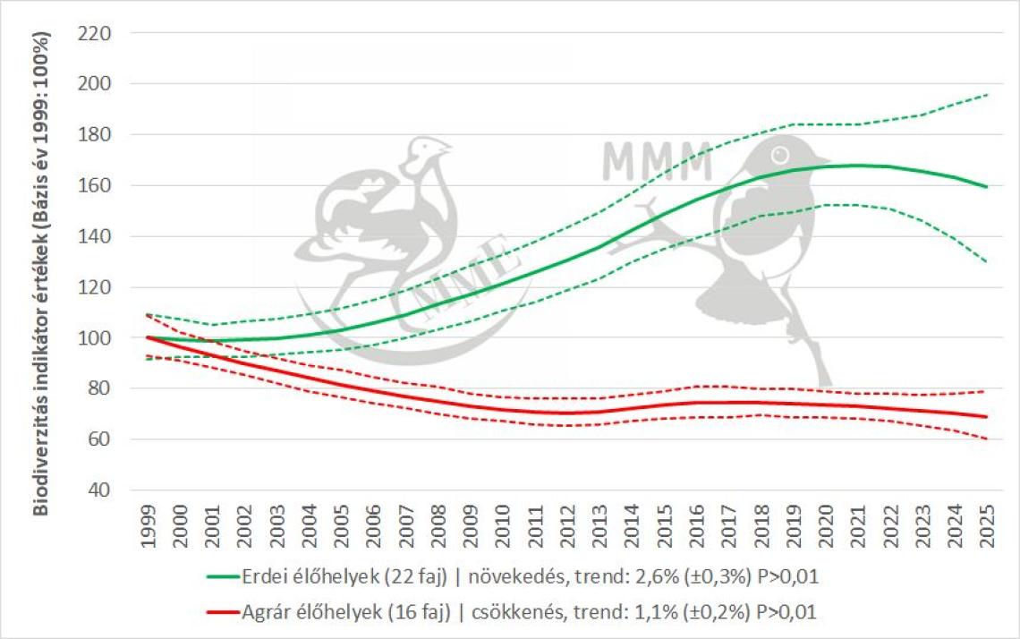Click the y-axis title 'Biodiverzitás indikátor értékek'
pos(42,273)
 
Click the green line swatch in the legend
pos(223,578)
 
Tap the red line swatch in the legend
pos(223,612)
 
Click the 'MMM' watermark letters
pos(656,160)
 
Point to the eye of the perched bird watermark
pos(780,152)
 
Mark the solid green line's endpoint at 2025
pos(985,186)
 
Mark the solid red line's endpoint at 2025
pos(985,417)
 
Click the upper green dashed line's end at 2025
pos(985,94)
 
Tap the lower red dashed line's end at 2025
pos(985,439)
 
